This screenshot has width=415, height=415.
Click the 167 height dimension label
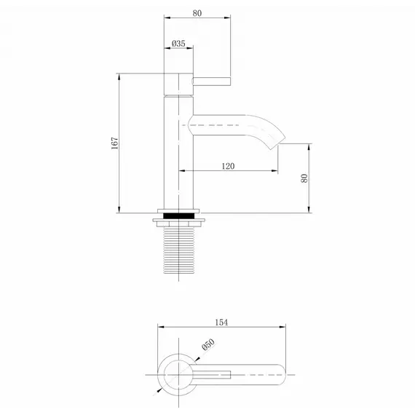pyautogui.click(x=114, y=143)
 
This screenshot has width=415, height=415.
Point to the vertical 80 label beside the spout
pyautogui.click(x=304, y=178)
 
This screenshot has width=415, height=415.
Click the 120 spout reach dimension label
pyautogui.click(x=227, y=166)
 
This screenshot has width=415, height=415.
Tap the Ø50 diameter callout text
pyautogui.click(x=208, y=348)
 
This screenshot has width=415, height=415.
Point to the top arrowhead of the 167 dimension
pyautogui.click(x=119, y=75)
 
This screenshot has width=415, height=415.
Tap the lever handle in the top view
pyautogui.click(x=211, y=375)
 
